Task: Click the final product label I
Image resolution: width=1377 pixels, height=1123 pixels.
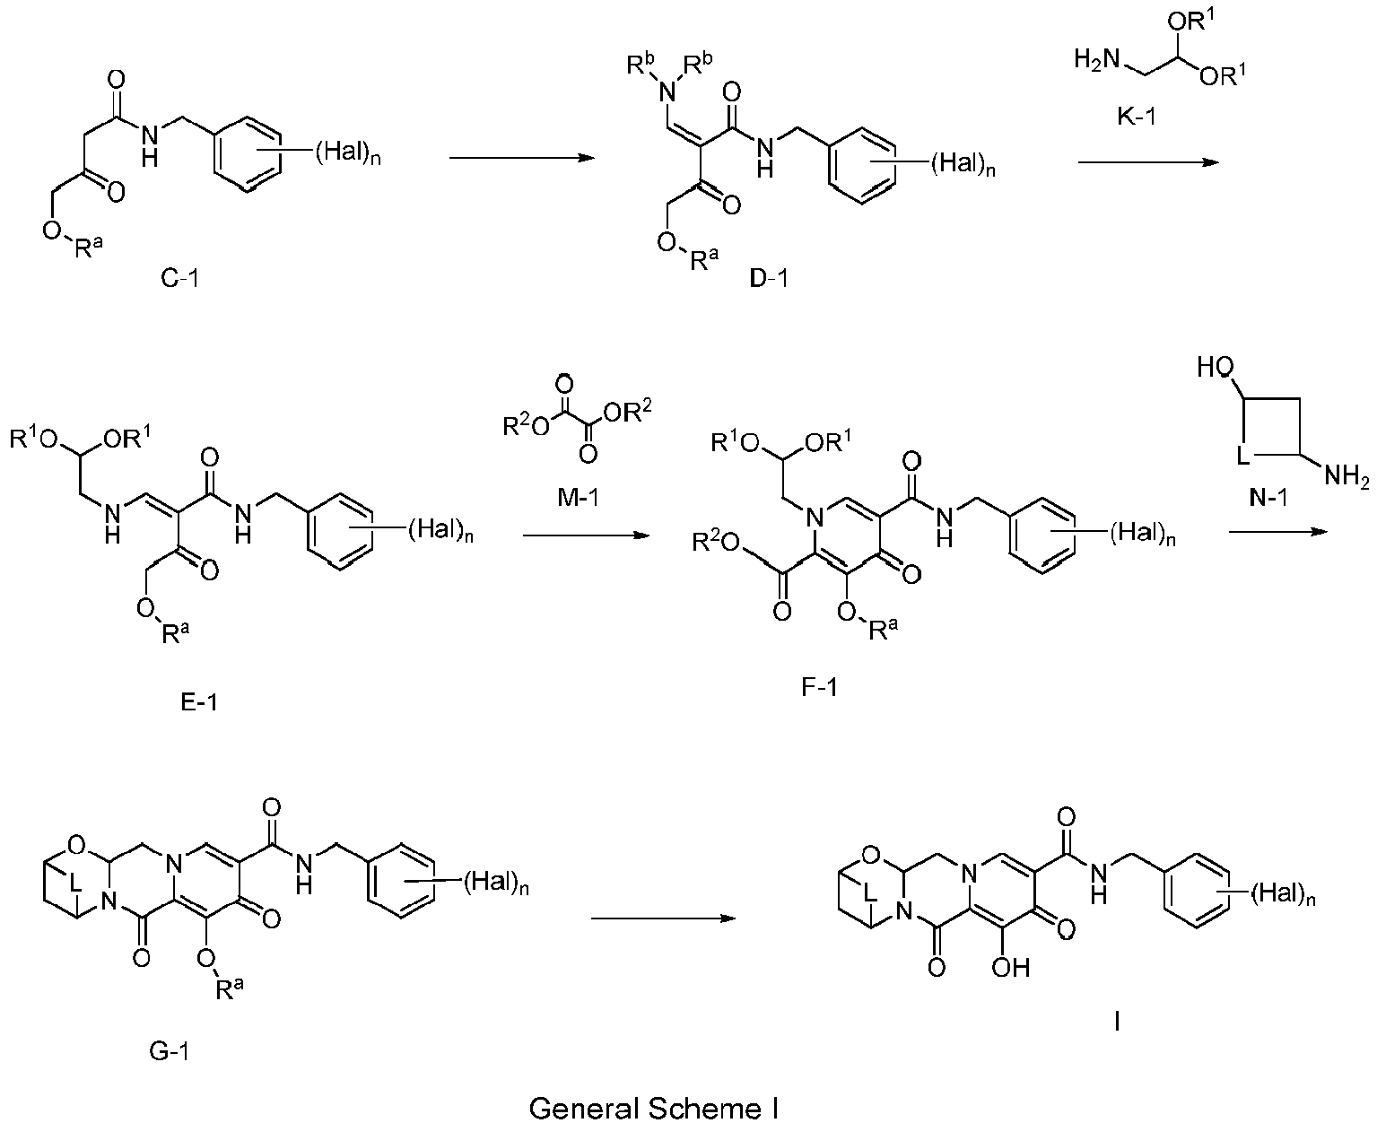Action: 1116,1022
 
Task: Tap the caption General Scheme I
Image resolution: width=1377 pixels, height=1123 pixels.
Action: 653,1108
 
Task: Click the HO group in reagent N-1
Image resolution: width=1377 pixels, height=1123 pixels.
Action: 1217,368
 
